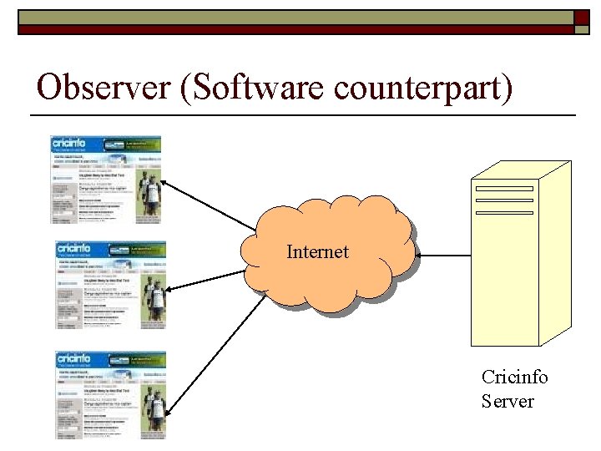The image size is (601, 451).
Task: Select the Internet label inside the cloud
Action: click(317, 251)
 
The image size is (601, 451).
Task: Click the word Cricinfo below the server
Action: click(514, 377)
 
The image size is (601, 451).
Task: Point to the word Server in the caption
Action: click(507, 401)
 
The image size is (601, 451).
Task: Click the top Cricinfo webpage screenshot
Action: click(105, 180)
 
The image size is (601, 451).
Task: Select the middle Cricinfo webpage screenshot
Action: click(110, 285)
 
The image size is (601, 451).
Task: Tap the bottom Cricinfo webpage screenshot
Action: click(110, 394)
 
